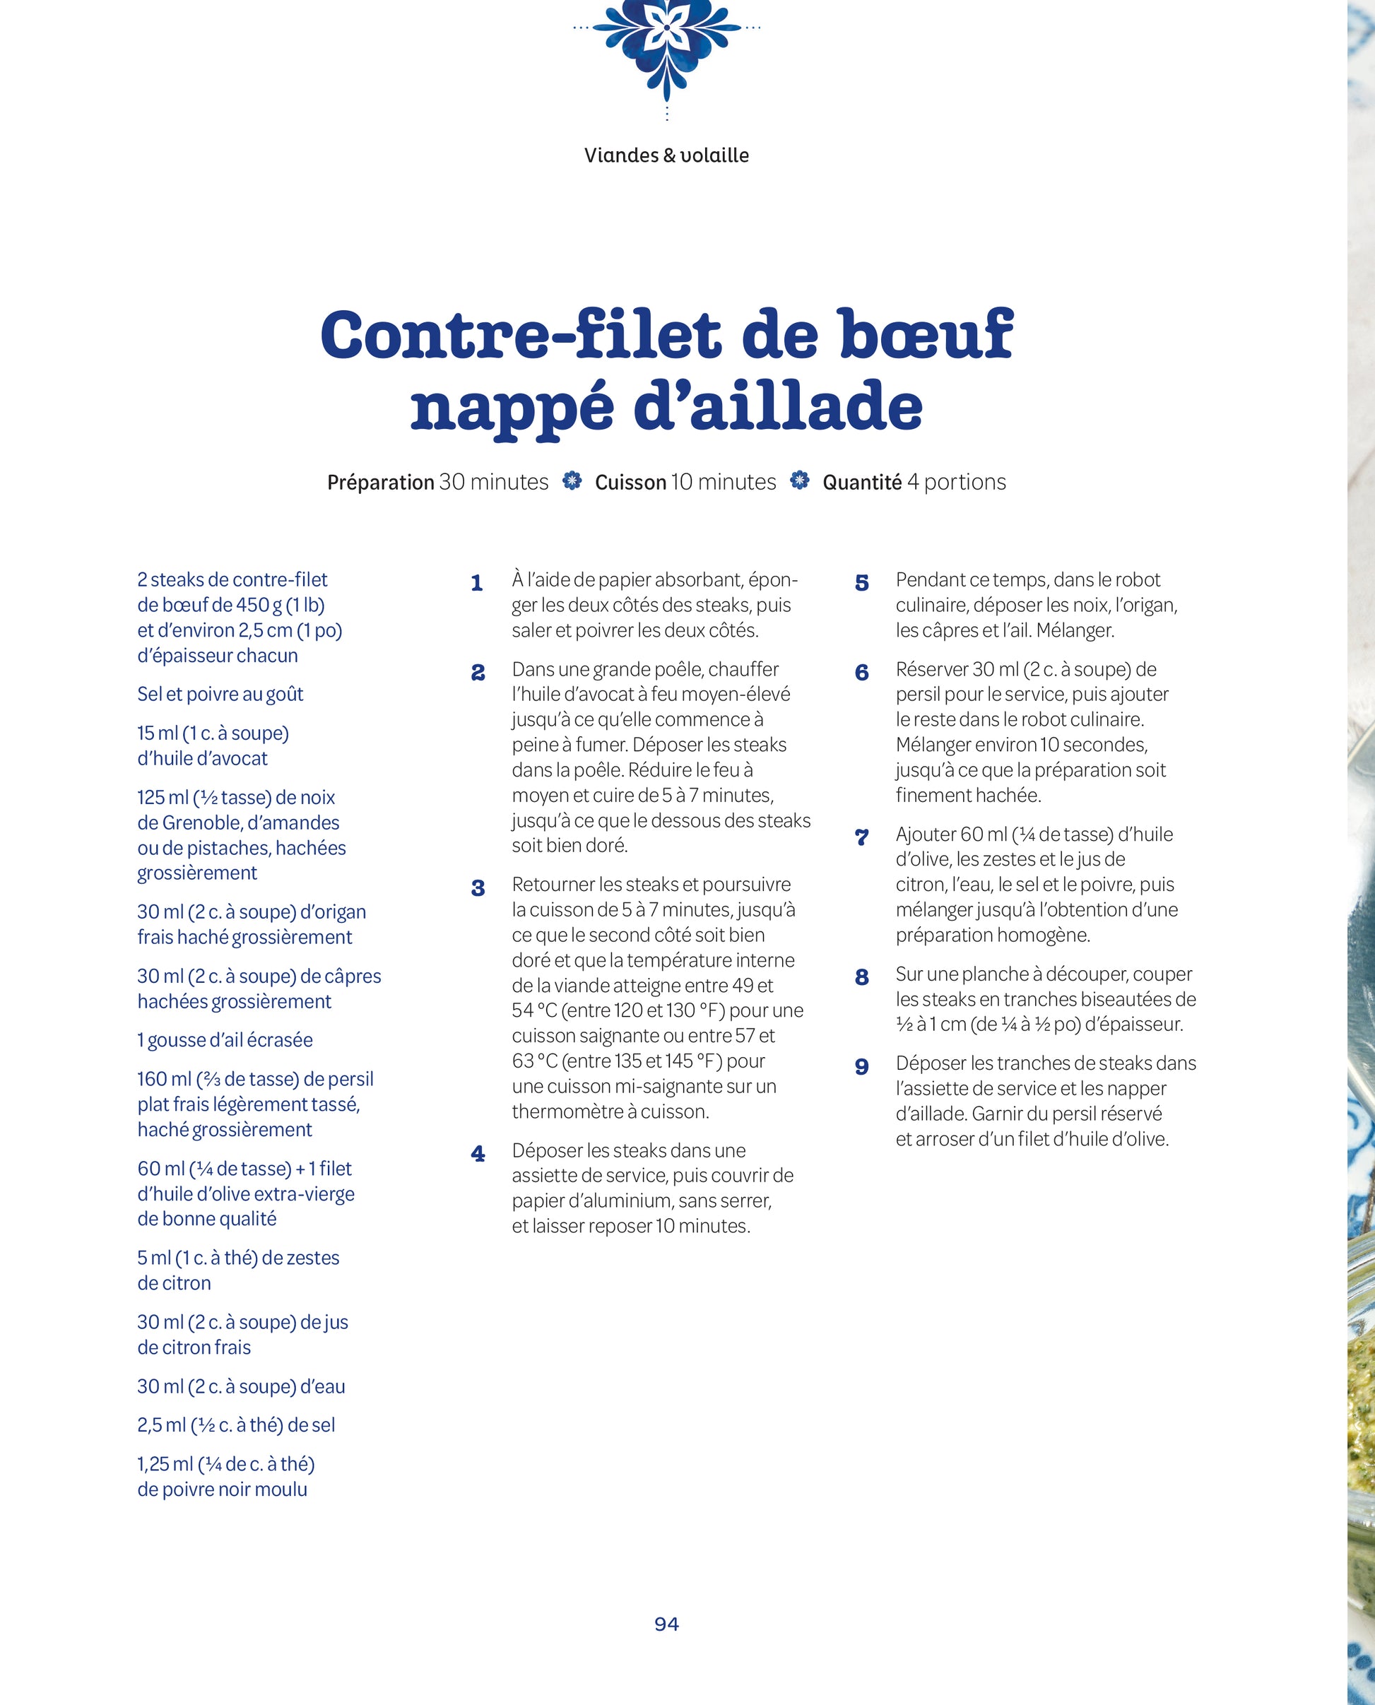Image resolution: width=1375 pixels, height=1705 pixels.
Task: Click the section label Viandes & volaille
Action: click(x=666, y=155)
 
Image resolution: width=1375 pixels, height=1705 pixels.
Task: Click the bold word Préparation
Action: click(x=380, y=483)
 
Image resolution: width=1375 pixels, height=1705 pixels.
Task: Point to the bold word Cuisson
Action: click(x=630, y=483)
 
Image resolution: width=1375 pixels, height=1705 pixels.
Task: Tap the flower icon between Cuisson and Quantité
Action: click(x=800, y=480)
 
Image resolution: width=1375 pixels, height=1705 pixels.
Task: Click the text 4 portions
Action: click(x=956, y=483)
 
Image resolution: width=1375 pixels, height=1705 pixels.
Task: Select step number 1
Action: click(x=477, y=584)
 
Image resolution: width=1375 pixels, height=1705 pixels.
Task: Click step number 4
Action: click(x=478, y=1154)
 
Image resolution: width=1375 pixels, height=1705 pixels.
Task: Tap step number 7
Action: click(x=862, y=837)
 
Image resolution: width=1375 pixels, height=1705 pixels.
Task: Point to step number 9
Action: click(x=862, y=1067)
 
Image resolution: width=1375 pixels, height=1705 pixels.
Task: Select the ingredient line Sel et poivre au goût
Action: click(x=220, y=695)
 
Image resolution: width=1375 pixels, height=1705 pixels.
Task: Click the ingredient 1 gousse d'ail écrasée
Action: click(x=225, y=1040)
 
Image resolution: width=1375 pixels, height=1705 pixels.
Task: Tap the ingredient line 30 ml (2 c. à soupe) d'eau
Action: click(x=241, y=1386)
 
